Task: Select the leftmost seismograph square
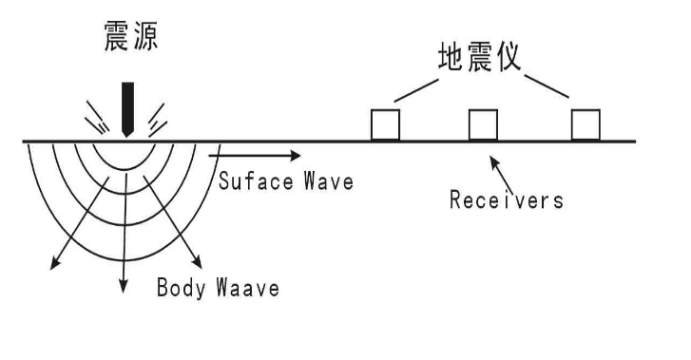click(x=385, y=124)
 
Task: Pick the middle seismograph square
click(x=483, y=124)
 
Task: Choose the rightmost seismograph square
click(x=585, y=124)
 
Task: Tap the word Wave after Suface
click(x=329, y=180)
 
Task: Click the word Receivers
click(x=506, y=200)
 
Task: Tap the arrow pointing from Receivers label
click(x=503, y=172)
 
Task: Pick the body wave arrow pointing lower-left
click(x=70, y=237)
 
